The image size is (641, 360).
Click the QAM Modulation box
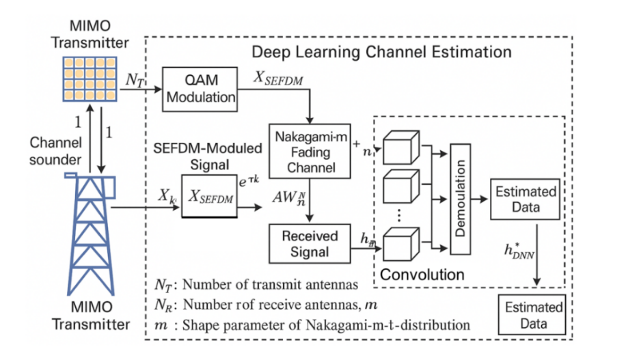coord(200,89)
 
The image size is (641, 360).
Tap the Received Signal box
coord(310,244)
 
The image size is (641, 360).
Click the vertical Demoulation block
coord(461,198)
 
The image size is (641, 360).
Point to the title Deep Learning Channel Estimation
coord(381,52)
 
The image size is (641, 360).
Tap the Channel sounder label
coord(56,151)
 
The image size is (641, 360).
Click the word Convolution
coord(422,275)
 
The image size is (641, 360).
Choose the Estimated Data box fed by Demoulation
coord(525,199)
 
